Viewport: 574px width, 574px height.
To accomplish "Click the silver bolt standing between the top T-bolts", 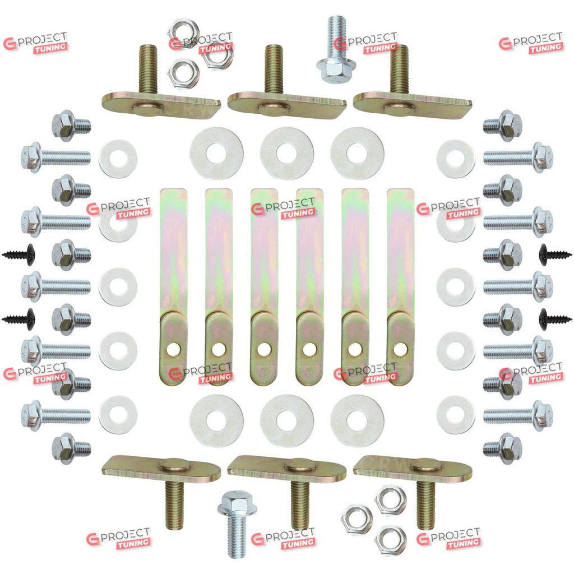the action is click(336, 49).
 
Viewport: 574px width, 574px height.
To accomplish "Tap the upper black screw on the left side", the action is click(18, 254).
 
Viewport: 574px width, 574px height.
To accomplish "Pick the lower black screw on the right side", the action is click(556, 318).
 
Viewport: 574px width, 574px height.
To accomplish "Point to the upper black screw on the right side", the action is click(556, 254).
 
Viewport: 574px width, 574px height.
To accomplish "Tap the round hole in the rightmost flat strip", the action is click(400, 349).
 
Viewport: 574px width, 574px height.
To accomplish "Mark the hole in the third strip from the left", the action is click(264, 349).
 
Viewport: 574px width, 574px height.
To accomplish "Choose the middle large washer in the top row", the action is click(286, 154).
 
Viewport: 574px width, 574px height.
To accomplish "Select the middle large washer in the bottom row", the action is click(286, 420).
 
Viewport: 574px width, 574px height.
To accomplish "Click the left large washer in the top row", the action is click(216, 154).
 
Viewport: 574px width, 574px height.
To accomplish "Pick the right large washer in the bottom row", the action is click(357, 420).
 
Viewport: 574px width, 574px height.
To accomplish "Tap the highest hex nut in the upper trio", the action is click(183, 32).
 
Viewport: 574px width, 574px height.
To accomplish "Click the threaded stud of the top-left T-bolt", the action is click(148, 69).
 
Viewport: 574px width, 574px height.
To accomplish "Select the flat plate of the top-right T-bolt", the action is click(412, 105).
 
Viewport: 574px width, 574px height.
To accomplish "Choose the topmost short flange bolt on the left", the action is click(71, 126).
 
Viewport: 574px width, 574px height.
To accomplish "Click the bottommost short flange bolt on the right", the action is click(502, 448).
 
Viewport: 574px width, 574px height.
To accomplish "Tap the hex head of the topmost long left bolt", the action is click(31, 158).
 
